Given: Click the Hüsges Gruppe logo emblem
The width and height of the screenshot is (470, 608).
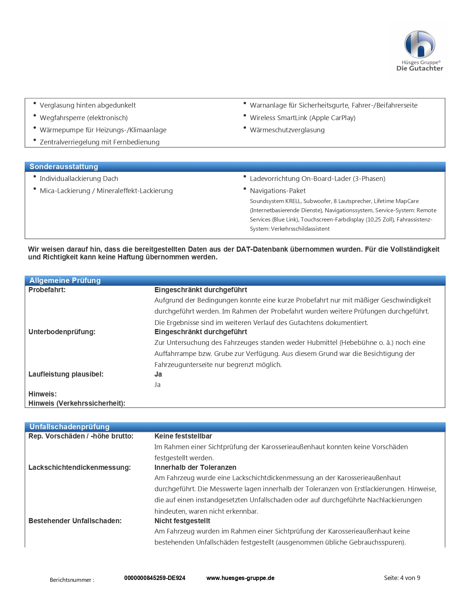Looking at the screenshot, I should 419,44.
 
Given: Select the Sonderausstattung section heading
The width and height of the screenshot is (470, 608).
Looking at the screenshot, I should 64,167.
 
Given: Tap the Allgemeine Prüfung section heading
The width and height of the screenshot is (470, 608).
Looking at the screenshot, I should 65,281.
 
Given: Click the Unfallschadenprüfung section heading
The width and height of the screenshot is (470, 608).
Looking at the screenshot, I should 69,427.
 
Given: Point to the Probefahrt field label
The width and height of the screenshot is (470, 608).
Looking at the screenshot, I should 47,290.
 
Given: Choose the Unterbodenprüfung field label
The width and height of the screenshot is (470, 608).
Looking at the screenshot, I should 62,332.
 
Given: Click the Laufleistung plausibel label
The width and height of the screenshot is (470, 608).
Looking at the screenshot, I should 66,374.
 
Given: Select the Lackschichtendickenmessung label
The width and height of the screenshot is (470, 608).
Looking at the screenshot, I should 80,468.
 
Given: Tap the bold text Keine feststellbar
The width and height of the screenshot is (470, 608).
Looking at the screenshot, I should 183,436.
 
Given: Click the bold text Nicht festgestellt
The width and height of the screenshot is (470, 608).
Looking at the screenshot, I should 182,521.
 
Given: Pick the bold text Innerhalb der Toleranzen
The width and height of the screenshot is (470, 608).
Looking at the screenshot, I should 195,468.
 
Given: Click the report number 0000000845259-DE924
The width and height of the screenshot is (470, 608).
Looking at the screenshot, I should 155,578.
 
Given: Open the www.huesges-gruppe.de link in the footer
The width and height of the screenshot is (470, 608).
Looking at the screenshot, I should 240,578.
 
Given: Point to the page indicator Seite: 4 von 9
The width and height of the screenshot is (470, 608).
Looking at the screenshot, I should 402,578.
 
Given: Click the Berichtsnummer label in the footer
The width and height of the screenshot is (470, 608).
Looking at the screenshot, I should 72,580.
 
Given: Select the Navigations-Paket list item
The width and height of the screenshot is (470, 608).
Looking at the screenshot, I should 278,191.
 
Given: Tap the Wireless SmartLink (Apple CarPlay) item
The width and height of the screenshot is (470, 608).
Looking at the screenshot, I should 303,118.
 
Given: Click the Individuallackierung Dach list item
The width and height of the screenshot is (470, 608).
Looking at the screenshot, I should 79,179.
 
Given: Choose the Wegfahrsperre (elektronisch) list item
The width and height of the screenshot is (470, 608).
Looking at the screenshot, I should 84,118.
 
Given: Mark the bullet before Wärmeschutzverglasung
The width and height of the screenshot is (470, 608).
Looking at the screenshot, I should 245,128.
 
